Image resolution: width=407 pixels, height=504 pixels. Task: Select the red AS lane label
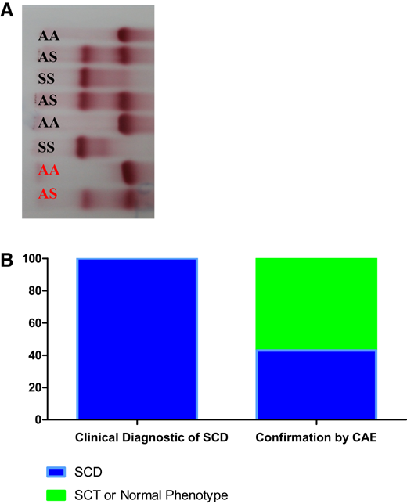coord(49,193)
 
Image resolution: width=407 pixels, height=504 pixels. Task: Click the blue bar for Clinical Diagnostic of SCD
coord(137,339)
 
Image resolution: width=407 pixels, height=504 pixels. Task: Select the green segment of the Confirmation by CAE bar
coord(316,304)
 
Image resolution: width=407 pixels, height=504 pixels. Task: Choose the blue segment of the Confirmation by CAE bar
coord(316,384)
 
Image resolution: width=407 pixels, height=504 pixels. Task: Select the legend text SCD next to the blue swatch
coord(89,472)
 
